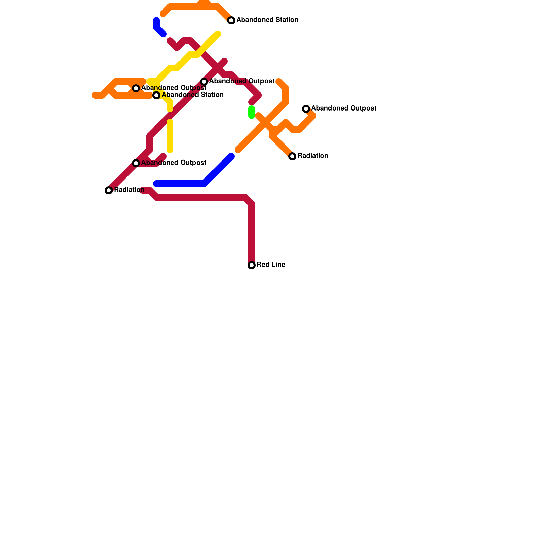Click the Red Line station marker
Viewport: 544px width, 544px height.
252,265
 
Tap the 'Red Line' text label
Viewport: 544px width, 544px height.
271,265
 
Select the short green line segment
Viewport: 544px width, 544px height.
252,112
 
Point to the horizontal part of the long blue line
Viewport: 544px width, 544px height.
180,184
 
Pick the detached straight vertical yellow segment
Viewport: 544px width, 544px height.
170,136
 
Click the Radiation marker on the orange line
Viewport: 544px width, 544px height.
292,156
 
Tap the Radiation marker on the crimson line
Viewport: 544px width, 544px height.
109,190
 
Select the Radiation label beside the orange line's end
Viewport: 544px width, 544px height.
312,156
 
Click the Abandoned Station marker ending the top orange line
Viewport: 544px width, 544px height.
231,20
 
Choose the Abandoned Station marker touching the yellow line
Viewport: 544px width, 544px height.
156,95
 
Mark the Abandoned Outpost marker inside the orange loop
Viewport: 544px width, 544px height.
136,88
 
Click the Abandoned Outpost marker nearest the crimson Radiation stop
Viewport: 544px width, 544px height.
136,163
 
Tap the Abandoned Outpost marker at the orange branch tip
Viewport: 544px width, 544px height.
306,109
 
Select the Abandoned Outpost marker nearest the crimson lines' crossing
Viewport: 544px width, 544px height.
204,82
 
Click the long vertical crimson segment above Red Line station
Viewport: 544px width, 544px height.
252,235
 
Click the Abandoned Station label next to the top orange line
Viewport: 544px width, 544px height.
267,20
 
